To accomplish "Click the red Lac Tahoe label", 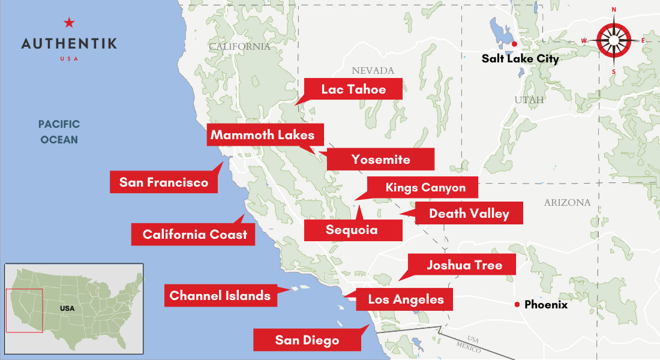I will [353, 89].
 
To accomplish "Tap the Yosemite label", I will [380, 160].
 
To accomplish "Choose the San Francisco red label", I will [163, 182].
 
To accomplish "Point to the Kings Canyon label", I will [425, 187].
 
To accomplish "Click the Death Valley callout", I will [469, 213].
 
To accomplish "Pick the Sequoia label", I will [352, 230].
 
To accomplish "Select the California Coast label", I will [194, 234].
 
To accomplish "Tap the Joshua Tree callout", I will [463, 265].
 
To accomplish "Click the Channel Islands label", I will [220, 295].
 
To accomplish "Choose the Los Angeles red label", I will [406, 299].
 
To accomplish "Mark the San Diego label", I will [307, 340].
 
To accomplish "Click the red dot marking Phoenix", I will [517, 305].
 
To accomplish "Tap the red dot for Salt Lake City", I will [515, 44].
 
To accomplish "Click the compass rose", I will [614, 41].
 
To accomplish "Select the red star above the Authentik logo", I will [69, 23].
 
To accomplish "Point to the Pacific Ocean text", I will [59, 132].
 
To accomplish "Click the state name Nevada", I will [373, 71].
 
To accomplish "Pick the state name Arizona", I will [567, 203].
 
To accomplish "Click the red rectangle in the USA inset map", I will [25, 310].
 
